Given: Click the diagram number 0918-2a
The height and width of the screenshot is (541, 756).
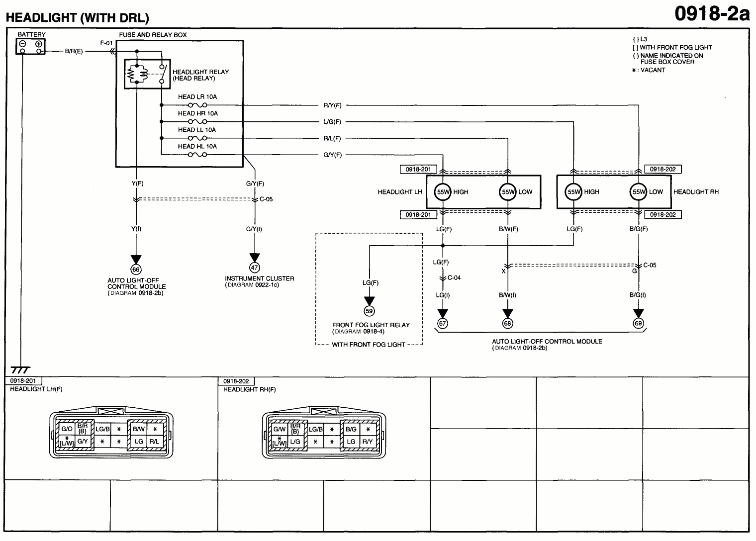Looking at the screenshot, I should [x=711, y=13].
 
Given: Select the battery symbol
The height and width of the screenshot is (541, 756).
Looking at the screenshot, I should [x=30, y=46].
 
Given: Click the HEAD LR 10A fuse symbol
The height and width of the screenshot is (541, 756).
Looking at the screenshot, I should [x=197, y=105].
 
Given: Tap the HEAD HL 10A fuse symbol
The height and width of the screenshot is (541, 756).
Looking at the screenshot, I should [x=197, y=155].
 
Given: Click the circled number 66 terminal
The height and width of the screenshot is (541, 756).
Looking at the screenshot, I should [x=136, y=269].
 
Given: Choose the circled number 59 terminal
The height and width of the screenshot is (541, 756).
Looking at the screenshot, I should [x=369, y=311].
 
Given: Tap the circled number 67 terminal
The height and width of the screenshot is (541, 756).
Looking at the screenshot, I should [x=442, y=323].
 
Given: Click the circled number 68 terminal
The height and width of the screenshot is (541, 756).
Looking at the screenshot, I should [x=507, y=323].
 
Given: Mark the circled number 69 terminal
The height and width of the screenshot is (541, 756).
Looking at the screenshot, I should [x=638, y=323].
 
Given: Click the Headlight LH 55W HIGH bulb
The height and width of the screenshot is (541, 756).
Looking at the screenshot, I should [x=442, y=192].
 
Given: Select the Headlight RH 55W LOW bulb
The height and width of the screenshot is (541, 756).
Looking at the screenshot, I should [x=638, y=192].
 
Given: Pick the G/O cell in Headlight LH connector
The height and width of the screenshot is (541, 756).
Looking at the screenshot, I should [x=67, y=429].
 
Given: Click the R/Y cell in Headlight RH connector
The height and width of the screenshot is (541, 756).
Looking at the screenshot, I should [x=368, y=442].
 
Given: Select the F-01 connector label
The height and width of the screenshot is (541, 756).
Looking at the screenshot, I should [x=106, y=43].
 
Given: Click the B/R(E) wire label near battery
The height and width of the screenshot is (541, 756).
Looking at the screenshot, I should [x=74, y=51].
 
